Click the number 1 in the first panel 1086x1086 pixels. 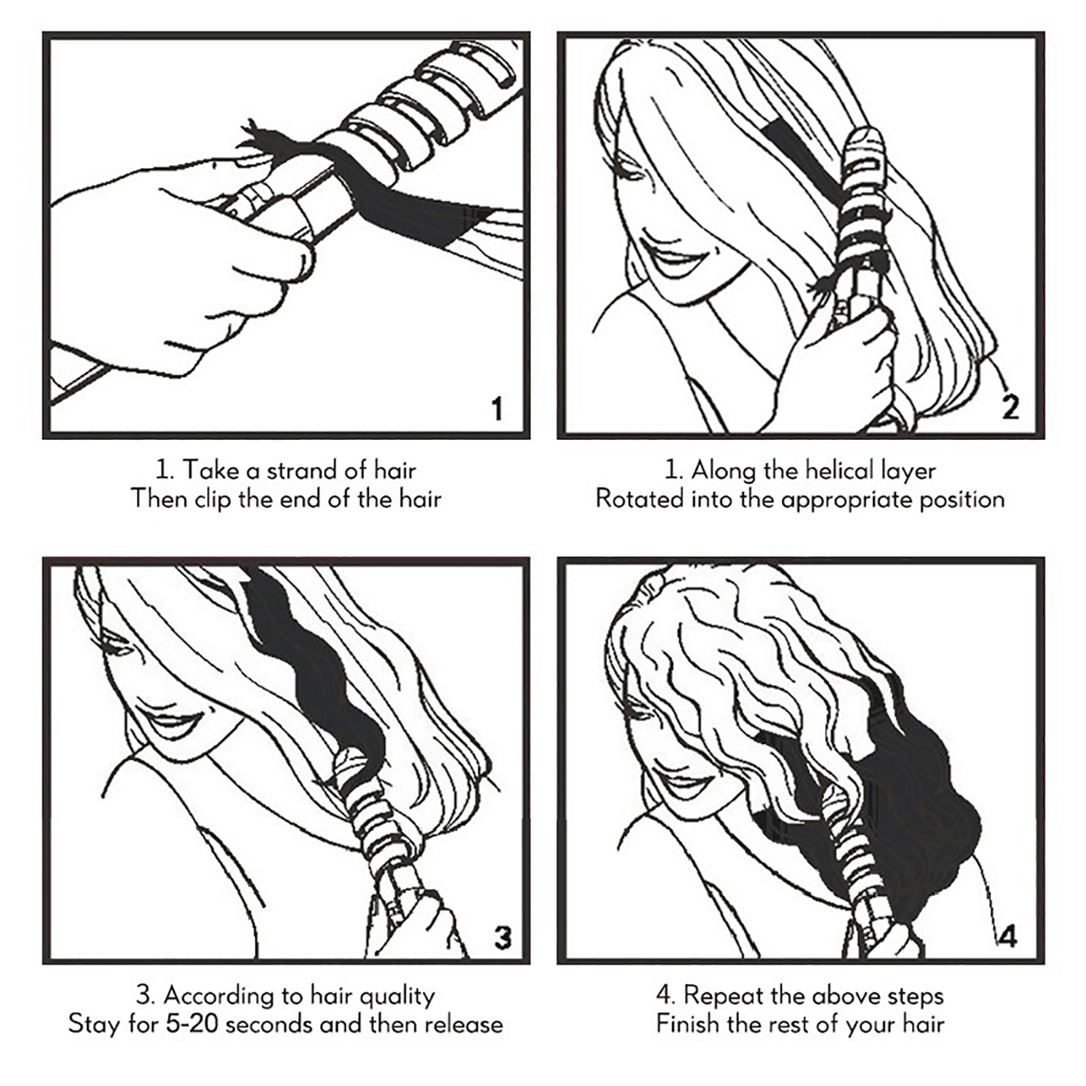click(498, 409)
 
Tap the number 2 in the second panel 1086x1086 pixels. click(1011, 407)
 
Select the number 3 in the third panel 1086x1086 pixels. click(502, 937)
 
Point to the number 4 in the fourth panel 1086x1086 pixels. click(1008, 937)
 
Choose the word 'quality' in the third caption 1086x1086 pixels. click(397, 996)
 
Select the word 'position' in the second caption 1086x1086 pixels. click(962, 500)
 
